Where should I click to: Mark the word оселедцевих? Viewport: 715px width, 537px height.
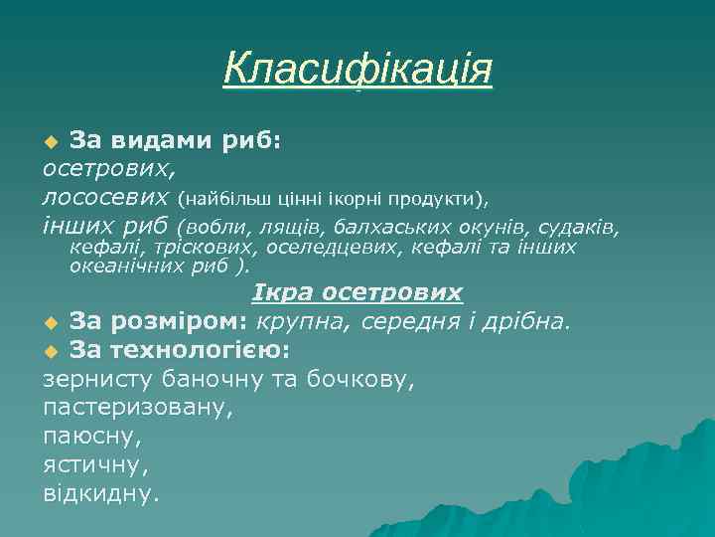[331, 247]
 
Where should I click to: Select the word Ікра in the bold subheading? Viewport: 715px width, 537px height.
[281, 293]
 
